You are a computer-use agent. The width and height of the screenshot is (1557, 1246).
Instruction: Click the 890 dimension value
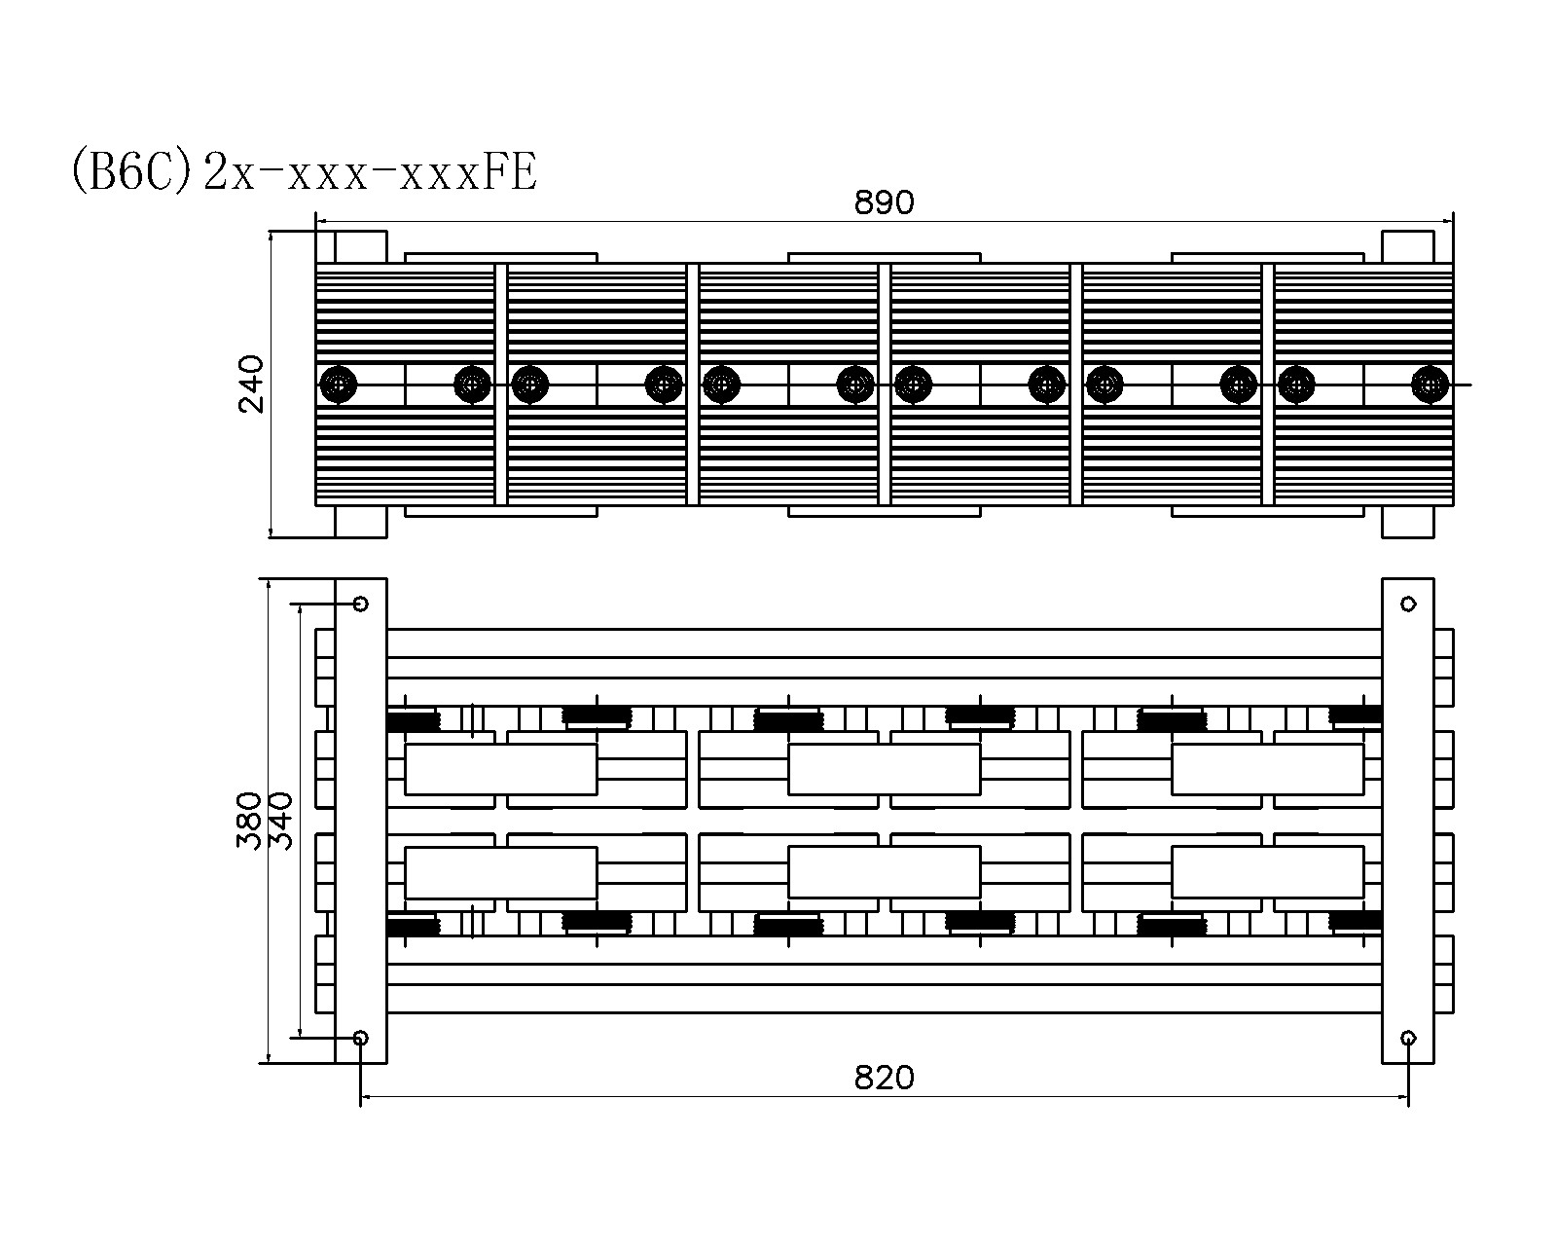(x=884, y=202)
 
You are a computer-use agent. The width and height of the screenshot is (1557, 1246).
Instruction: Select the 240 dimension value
(x=251, y=384)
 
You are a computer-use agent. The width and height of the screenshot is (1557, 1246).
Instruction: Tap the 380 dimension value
(x=249, y=821)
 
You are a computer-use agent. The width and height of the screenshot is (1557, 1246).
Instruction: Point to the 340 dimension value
(x=280, y=821)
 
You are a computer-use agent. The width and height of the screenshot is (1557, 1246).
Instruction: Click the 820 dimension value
(x=884, y=1078)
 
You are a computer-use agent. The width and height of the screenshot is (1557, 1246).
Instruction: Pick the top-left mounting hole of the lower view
(x=361, y=604)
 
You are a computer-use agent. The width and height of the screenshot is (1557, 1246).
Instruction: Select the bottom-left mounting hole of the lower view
(x=361, y=1038)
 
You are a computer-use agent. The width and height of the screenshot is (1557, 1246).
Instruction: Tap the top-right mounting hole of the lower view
(x=1408, y=604)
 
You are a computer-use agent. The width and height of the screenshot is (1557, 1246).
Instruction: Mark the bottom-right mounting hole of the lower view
(x=1408, y=1038)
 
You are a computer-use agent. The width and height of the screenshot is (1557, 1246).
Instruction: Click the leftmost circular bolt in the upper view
(x=339, y=384)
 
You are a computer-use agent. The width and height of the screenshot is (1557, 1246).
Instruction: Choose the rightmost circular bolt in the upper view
(x=1430, y=384)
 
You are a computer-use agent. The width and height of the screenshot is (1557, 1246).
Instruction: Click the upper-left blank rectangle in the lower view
(x=500, y=769)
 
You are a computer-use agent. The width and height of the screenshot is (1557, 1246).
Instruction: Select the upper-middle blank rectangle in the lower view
(x=884, y=769)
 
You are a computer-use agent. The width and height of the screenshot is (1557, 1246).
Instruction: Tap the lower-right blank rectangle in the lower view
(x=1267, y=872)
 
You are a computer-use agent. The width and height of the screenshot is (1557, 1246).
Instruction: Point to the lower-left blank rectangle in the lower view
(x=500, y=872)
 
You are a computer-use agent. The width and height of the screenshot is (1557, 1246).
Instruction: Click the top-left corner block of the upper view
(x=360, y=246)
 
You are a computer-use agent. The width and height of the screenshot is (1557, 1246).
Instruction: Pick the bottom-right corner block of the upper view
(x=1407, y=522)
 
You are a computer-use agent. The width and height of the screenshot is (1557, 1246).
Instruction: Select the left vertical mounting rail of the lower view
(x=361, y=821)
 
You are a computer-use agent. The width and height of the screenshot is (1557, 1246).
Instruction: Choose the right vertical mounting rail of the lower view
(x=1408, y=821)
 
